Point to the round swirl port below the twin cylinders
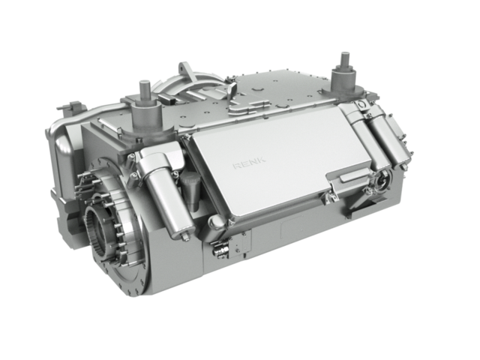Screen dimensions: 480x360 [382, 180]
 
